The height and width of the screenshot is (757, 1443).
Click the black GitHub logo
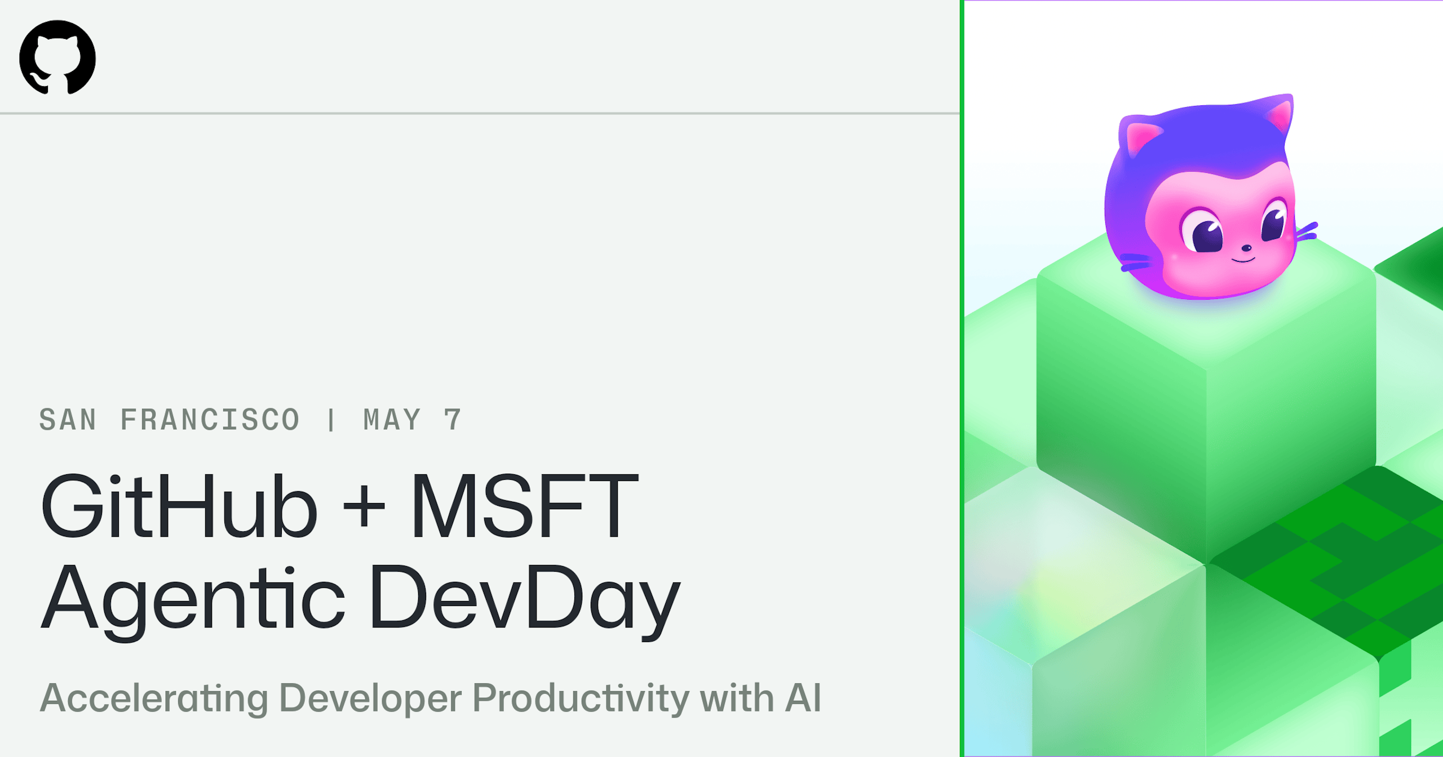click(57, 57)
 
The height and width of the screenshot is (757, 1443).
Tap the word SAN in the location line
click(68, 420)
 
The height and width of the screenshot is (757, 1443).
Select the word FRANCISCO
click(210, 420)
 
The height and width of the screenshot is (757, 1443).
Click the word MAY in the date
click(392, 420)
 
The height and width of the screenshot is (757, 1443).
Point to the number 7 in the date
click(453, 420)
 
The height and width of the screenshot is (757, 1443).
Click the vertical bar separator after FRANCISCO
click(331, 420)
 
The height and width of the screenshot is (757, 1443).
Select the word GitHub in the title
click(180, 506)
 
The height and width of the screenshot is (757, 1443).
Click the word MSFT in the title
click(525, 506)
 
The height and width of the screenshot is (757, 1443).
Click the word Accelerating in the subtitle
click(154, 698)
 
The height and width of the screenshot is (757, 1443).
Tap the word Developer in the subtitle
click(370, 698)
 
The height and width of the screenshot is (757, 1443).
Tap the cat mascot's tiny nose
click(1247, 247)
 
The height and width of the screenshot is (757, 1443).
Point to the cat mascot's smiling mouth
click(1243, 260)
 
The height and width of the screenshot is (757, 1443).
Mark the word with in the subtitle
click(737, 698)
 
